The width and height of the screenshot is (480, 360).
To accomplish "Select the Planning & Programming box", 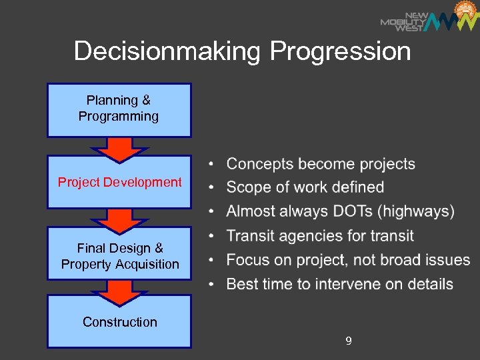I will click(x=119, y=109).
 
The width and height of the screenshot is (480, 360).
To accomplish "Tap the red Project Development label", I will click(x=119, y=182).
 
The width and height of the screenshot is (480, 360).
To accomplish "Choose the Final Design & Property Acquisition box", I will click(x=120, y=256).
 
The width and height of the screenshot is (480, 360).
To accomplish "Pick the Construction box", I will click(x=120, y=322).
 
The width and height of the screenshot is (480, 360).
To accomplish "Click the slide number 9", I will click(x=349, y=341).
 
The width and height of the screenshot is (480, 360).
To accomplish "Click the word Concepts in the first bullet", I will click(x=260, y=164).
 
